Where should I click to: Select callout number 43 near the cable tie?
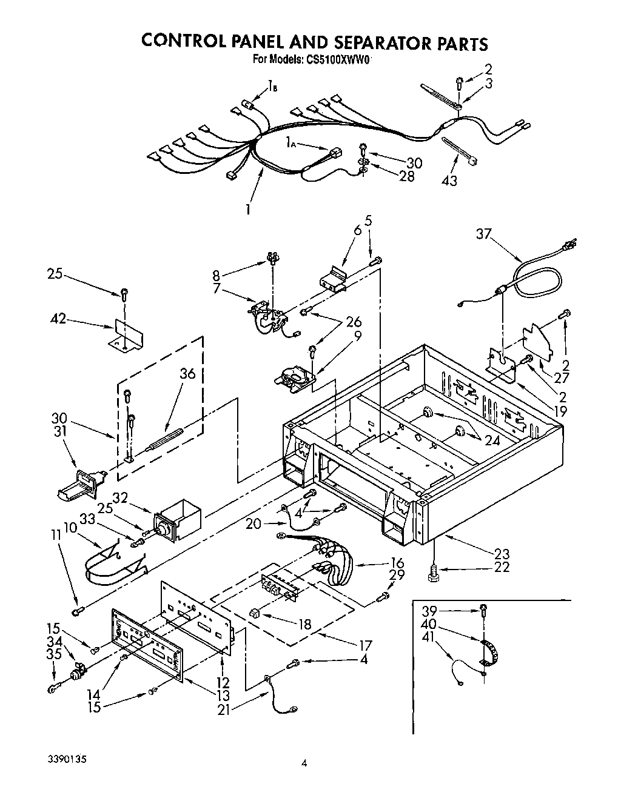click(450, 181)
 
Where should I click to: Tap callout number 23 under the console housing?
click(502, 554)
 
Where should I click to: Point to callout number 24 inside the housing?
click(492, 440)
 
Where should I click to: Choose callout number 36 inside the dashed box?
click(187, 374)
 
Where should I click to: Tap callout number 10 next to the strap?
click(69, 527)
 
